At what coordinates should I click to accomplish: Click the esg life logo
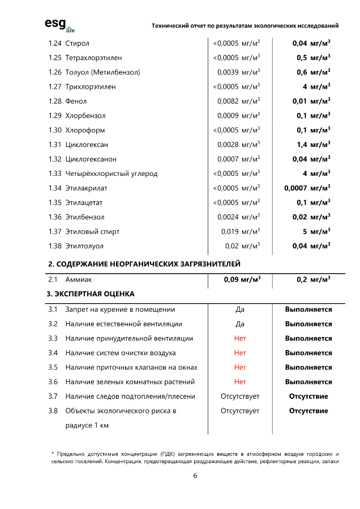pyautogui.click(x=59, y=25)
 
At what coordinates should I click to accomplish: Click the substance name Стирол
pyautogui.click(x=77, y=44)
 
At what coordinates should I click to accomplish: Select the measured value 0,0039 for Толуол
pyautogui.click(x=228, y=72)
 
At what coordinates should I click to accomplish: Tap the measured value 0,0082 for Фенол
pyautogui.click(x=228, y=101)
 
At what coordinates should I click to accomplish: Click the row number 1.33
pyautogui.click(x=55, y=174)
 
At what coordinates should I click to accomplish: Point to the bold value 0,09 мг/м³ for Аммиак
pyautogui.click(x=240, y=279)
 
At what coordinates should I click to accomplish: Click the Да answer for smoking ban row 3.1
pyautogui.click(x=240, y=310)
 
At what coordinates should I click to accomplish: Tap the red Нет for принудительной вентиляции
pyautogui.click(x=240, y=339)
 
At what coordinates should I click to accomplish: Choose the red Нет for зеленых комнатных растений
pyautogui.click(x=240, y=382)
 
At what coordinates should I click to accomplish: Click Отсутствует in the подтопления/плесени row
pyautogui.click(x=240, y=396)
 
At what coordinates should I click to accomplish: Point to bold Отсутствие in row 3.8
pyautogui.click(x=308, y=411)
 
